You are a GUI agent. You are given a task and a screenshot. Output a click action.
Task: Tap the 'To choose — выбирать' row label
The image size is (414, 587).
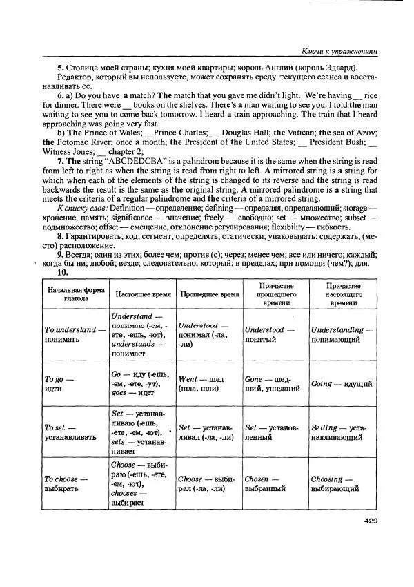(x=66, y=483)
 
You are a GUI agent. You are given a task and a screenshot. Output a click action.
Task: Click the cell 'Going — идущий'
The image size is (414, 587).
(x=342, y=384)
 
